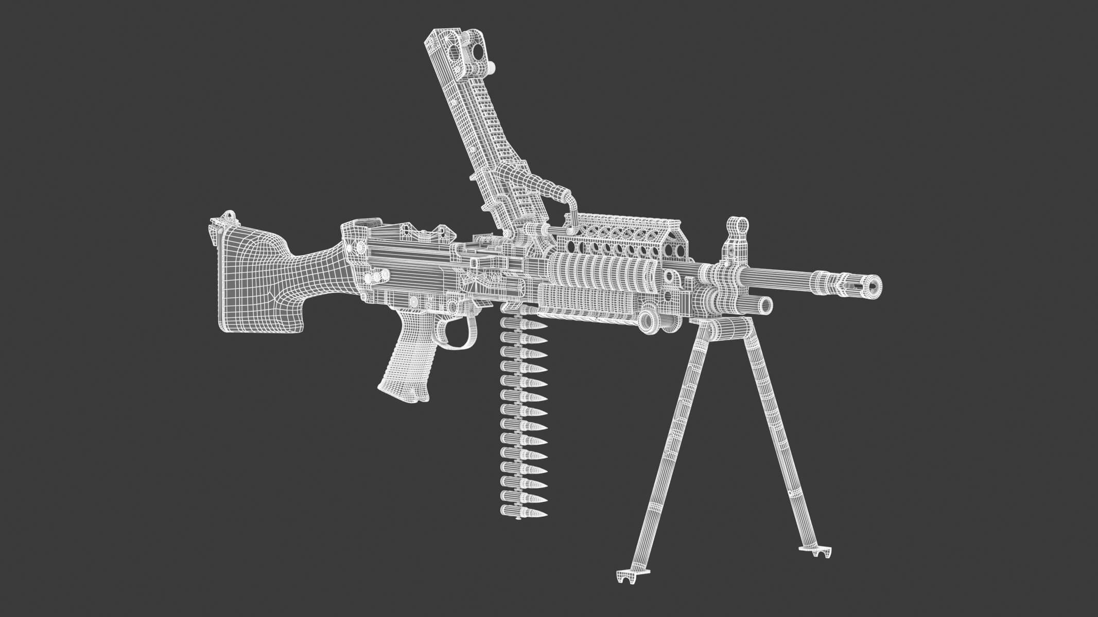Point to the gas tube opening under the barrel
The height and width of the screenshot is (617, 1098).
pos(765,305)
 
